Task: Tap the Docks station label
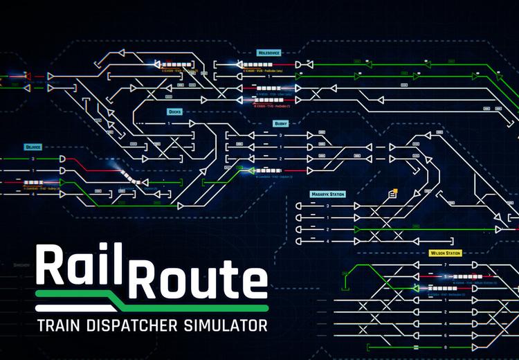click(x=174, y=111)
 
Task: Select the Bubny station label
click(x=281, y=123)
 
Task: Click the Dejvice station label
click(x=32, y=146)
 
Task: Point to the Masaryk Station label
click(x=328, y=195)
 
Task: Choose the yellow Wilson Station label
click(x=445, y=253)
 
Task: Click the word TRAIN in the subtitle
click(x=63, y=324)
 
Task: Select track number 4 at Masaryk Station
click(x=328, y=240)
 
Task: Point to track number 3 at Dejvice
click(x=32, y=159)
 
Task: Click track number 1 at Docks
click(x=167, y=124)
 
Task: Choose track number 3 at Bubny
click(x=281, y=136)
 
